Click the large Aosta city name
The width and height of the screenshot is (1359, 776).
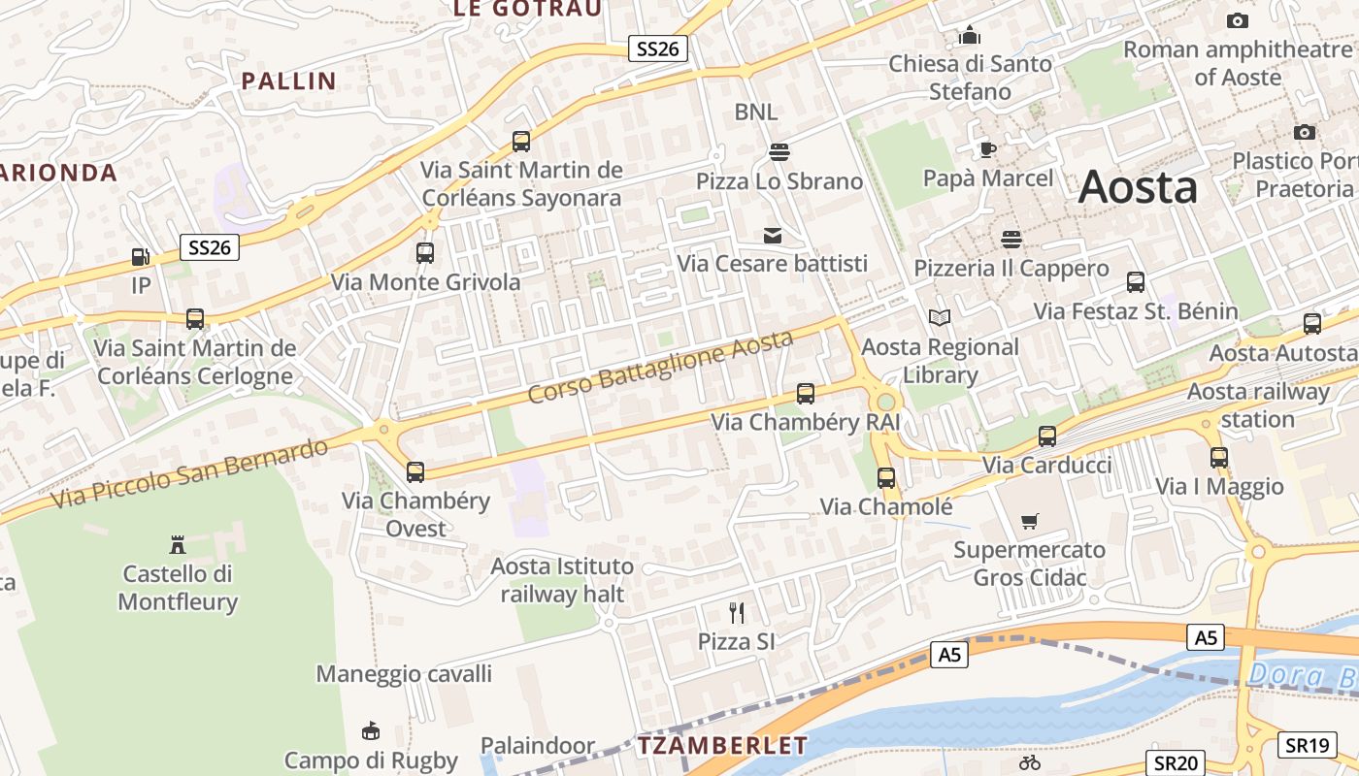click(x=1138, y=186)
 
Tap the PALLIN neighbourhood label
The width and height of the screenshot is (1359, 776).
click(x=288, y=81)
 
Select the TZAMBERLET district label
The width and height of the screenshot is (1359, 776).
click(x=722, y=746)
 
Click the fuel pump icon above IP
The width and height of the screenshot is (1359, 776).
click(x=141, y=257)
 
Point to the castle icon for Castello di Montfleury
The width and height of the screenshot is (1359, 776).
click(x=178, y=544)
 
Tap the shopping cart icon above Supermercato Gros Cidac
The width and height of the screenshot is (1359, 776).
click(x=1030, y=521)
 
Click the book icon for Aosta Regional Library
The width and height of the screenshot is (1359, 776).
click(x=940, y=317)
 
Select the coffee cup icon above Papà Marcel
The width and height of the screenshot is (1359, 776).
click(x=987, y=149)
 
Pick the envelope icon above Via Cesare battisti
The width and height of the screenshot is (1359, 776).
click(x=773, y=235)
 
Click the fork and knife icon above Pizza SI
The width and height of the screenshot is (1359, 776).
click(x=737, y=612)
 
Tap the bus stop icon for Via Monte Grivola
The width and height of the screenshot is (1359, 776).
click(x=425, y=253)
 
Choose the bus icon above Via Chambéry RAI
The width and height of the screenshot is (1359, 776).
click(x=806, y=394)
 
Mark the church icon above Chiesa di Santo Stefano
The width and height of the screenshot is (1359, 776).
click(x=970, y=36)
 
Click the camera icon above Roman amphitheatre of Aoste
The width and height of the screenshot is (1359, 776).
click(x=1237, y=20)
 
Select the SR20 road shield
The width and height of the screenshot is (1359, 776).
click(x=1176, y=763)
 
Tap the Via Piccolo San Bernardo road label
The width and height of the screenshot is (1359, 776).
click(x=190, y=473)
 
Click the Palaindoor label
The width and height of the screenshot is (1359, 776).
click(x=538, y=746)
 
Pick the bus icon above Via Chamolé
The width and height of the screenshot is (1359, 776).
click(x=886, y=477)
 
